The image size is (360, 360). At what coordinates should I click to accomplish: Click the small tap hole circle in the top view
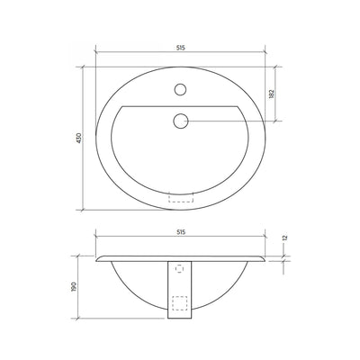[181, 90]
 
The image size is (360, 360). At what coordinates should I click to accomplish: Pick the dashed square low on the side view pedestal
[181, 303]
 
